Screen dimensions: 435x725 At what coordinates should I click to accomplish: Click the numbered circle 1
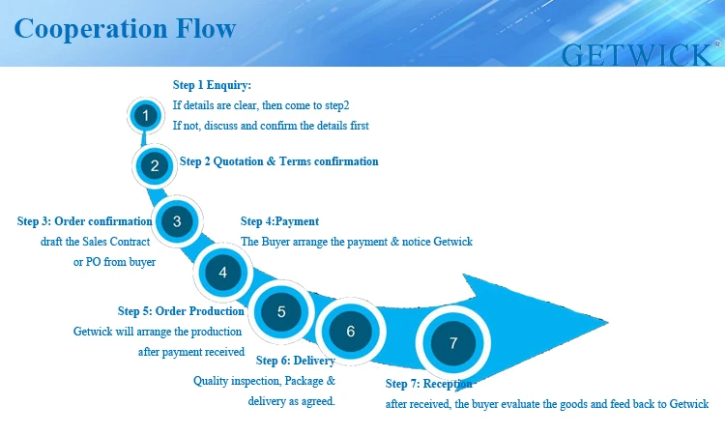[144, 117]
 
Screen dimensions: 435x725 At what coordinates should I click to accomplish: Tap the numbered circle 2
[154, 165]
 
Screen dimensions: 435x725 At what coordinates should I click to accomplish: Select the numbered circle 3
[177, 221]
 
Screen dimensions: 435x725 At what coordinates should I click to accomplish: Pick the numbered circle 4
[223, 273]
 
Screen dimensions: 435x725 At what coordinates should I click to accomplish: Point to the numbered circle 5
[281, 312]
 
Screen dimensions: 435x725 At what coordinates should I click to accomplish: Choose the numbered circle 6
[351, 332]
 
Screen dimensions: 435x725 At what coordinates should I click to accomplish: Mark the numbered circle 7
[452, 342]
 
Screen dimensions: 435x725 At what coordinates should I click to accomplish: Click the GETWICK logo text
[639, 54]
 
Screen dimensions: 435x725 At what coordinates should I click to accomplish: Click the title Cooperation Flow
[125, 27]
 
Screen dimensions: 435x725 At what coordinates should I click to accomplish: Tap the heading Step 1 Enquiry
[212, 85]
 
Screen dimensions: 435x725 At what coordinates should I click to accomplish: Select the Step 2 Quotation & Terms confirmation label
[279, 161]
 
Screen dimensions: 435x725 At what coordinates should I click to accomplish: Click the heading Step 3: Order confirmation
[85, 221]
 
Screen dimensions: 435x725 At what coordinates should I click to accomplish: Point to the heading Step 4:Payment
[279, 221]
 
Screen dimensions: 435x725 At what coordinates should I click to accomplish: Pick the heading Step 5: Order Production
[181, 311]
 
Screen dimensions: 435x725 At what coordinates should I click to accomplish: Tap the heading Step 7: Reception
[429, 384]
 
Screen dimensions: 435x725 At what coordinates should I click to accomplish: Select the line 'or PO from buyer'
[114, 262]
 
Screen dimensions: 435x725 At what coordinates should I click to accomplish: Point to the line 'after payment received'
[191, 352]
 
